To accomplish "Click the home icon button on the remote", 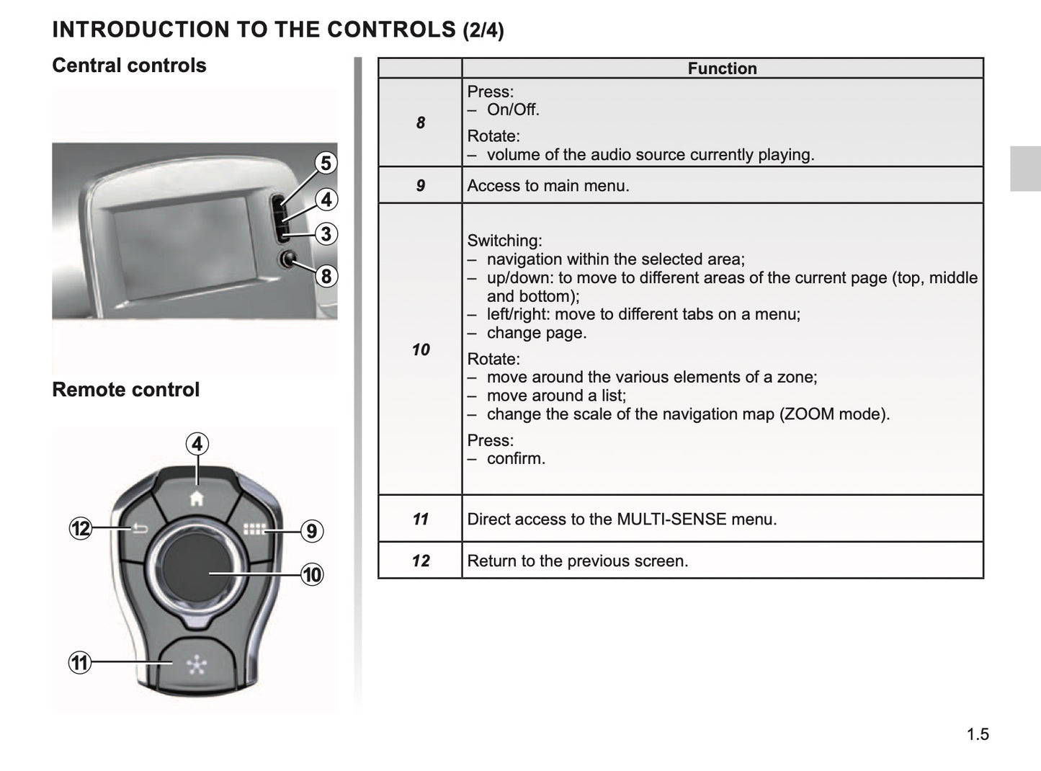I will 197,498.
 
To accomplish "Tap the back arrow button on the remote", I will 139,530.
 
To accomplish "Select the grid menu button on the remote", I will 254,530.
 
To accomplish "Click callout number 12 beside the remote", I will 81,529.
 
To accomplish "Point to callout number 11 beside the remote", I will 79,662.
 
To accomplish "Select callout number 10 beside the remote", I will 312,575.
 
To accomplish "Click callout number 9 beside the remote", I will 311,531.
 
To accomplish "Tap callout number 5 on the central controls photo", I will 326,164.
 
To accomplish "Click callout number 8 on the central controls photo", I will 326,276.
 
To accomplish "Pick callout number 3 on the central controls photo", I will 326,233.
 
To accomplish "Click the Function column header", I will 722,68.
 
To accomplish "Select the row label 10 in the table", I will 421,349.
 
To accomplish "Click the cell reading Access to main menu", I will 548,186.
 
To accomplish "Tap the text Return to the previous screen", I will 577,561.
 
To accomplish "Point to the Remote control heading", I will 125,390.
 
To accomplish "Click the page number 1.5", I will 978,734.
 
